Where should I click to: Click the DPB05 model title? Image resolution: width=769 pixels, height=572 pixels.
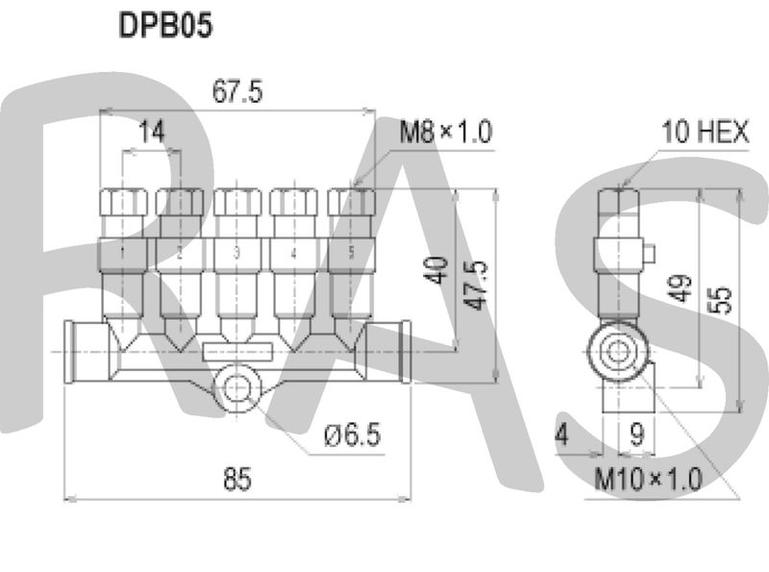pyautogui.click(x=163, y=25)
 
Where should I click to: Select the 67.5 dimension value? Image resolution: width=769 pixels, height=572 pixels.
pyautogui.click(x=237, y=92)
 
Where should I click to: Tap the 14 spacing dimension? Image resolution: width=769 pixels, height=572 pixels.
pyautogui.click(x=151, y=132)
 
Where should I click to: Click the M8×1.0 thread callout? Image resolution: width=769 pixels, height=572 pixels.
pyautogui.click(x=446, y=132)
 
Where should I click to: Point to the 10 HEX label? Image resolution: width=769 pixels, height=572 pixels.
pyautogui.click(x=705, y=132)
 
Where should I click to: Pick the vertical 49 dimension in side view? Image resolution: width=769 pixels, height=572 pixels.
pyautogui.click(x=682, y=286)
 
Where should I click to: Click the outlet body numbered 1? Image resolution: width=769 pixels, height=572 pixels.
pyautogui.click(x=123, y=255)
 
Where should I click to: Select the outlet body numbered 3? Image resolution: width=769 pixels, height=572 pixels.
pyautogui.click(x=236, y=255)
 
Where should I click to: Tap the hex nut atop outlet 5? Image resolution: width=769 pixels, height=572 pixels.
pyautogui.click(x=350, y=202)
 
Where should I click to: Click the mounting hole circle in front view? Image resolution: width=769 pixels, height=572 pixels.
pyautogui.click(x=236, y=386)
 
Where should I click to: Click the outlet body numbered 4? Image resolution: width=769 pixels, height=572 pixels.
pyautogui.click(x=293, y=255)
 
